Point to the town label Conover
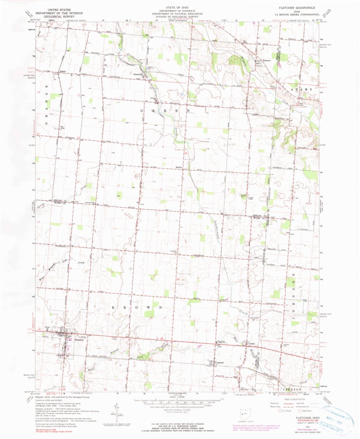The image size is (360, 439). click(218, 363)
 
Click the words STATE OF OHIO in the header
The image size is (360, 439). click(180, 7)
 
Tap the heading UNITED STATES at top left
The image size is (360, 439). click(59, 8)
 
